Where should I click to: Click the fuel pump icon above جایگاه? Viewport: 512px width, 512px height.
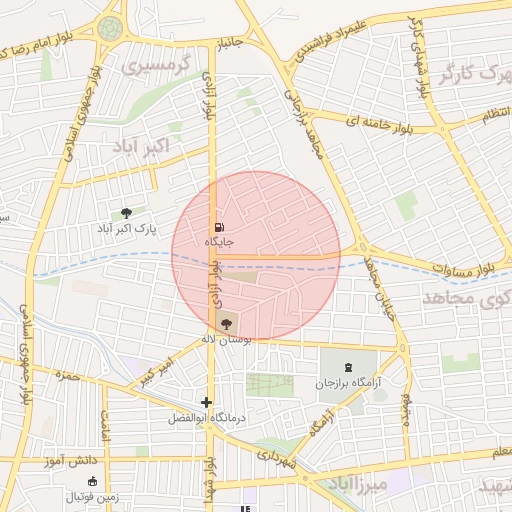coord(219,226)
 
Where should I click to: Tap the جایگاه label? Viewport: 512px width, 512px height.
coord(219,241)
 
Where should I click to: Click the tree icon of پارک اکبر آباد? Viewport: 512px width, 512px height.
coord(126,212)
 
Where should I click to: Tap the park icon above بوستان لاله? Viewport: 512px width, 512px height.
coord(226,323)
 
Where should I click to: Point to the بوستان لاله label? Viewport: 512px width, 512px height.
coord(227,339)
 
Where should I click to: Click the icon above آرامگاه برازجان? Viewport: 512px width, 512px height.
coord(348,368)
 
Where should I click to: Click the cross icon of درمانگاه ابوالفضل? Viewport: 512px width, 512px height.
coord(207,402)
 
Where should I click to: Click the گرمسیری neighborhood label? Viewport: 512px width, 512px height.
coord(155,68)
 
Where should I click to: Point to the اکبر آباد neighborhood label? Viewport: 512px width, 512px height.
coord(143,147)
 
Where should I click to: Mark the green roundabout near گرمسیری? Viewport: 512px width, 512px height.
coord(110,27)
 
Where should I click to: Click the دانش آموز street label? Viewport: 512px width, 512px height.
coord(58,461)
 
